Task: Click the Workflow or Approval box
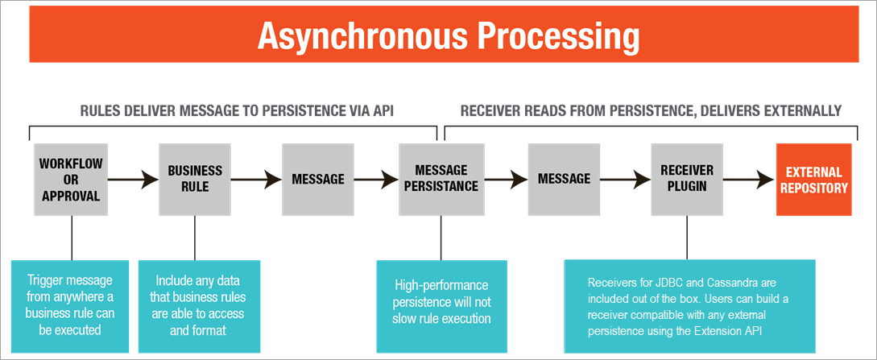pos(71,180)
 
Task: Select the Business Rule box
pos(194,180)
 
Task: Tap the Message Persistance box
pos(441,180)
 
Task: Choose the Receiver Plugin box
pos(686,180)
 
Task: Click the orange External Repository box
pos(813,180)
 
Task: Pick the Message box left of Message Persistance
pos(317,180)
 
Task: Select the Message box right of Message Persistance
pos(564,180)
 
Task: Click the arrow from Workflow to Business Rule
pos(133,180)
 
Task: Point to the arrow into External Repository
pos(748,180)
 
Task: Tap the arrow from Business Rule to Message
pos(255,180)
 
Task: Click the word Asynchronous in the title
pos(358,35)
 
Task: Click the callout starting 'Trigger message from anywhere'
pos(71,306)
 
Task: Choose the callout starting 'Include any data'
pos(194,306)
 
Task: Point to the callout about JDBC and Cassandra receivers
pos(689,306)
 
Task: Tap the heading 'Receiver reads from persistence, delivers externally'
pos(650,110)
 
